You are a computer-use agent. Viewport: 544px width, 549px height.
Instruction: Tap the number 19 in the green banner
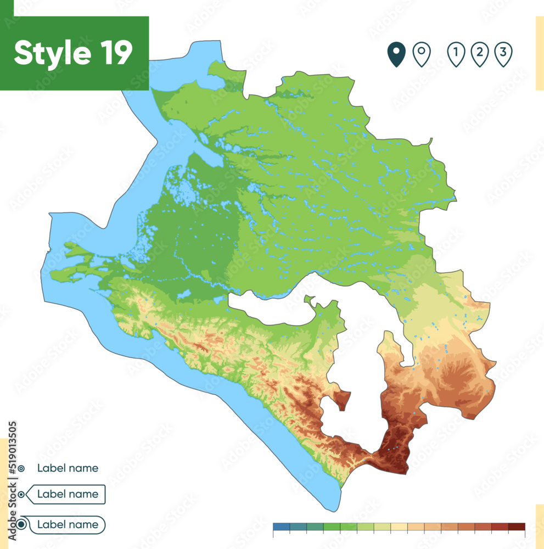point(115,53)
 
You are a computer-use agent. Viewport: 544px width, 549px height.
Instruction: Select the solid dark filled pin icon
point(396,54)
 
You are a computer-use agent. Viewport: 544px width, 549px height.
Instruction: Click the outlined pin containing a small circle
point(422,54)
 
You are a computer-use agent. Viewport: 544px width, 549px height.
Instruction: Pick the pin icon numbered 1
point(456,54)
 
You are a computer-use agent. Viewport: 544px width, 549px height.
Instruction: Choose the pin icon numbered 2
point(480,54)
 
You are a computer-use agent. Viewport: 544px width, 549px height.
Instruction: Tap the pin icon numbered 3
point(503,54)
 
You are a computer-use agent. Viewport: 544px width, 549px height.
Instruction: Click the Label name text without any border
point(68,468)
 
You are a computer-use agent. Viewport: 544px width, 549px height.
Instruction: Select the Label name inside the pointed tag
point(68,494)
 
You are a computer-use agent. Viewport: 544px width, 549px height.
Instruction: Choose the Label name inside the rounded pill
point(68,525)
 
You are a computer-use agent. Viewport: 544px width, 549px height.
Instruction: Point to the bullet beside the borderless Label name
point(21,468)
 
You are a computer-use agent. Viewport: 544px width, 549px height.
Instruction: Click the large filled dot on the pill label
point(21,525)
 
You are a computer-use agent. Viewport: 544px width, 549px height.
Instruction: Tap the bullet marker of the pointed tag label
point(21,494)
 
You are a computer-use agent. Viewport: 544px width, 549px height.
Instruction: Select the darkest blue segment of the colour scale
point(281,527)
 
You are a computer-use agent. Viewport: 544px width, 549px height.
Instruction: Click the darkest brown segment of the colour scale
point(517,527)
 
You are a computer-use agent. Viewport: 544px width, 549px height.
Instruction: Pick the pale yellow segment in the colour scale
point(399,527)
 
